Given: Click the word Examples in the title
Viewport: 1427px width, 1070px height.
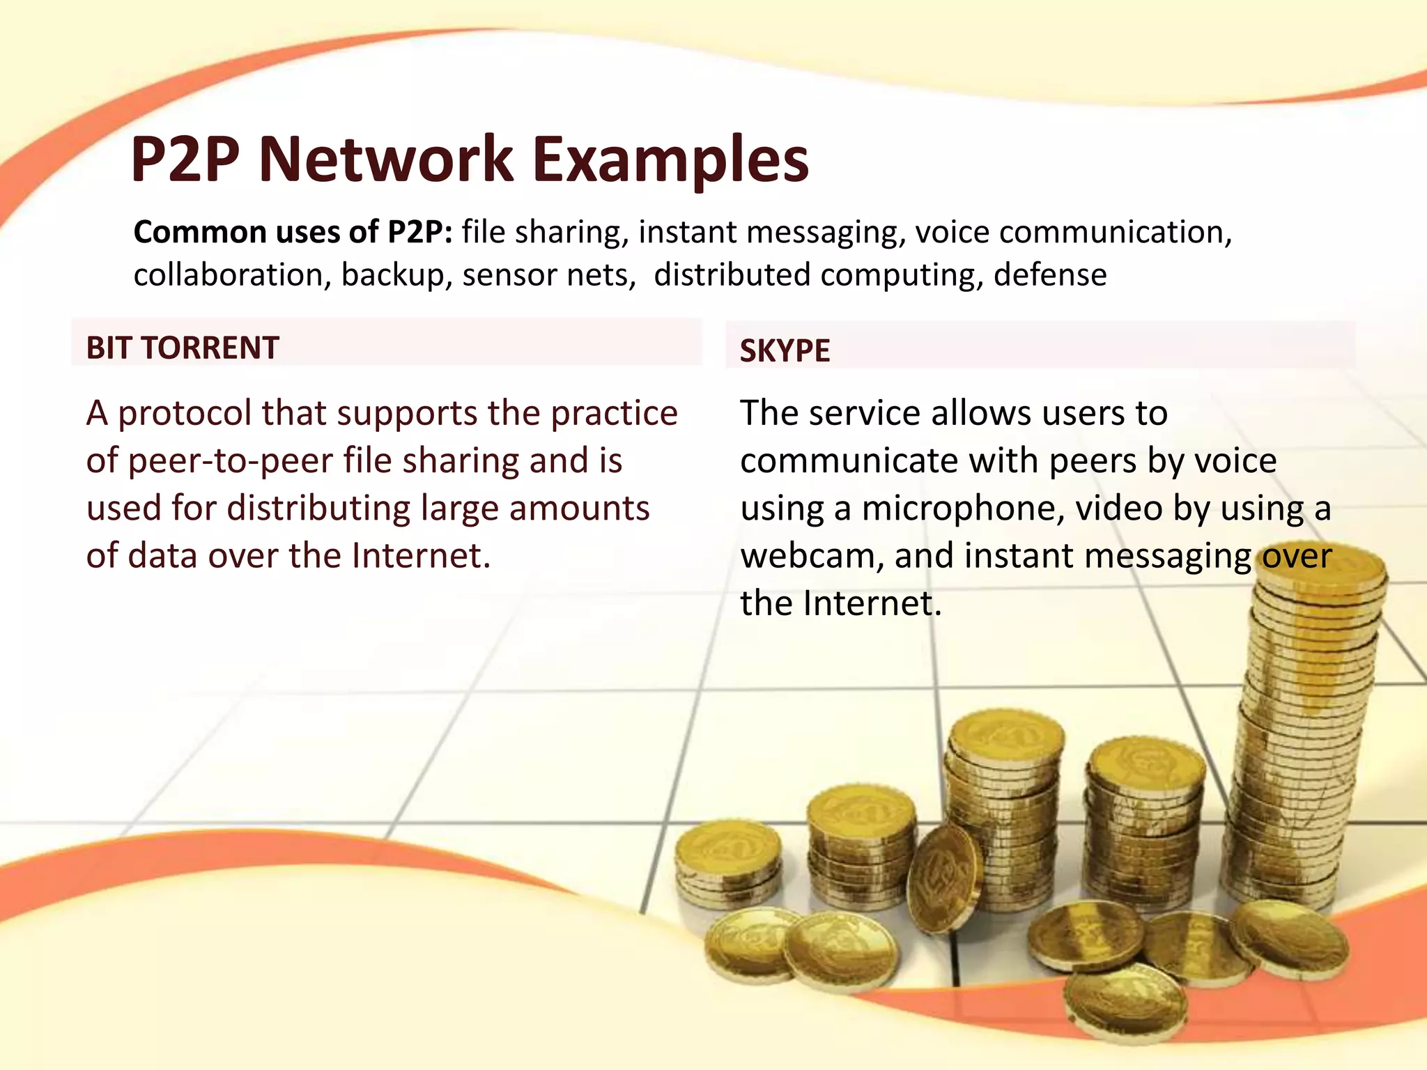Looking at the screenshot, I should pyautogui.click(x=670, y=160).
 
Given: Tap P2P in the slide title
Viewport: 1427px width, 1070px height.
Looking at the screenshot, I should pyautogui.click(x=185, y=160).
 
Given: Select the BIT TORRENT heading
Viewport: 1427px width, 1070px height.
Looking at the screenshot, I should pyautogui.click(x=183, y=348).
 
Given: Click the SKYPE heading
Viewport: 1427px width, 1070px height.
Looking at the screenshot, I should pyautogui.click(x=785, y=350).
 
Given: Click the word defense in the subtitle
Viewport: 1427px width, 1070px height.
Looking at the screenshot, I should pyautogui.click(x=1049, y=274).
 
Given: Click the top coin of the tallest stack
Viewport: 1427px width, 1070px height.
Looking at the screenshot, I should pyautogui.click(x=1321, y=568).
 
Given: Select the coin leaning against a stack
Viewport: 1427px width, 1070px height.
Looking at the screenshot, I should pyautogui.click(x=944, y=879).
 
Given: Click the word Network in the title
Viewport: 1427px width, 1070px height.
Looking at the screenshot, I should pyautogui.click(x=385, y=160).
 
